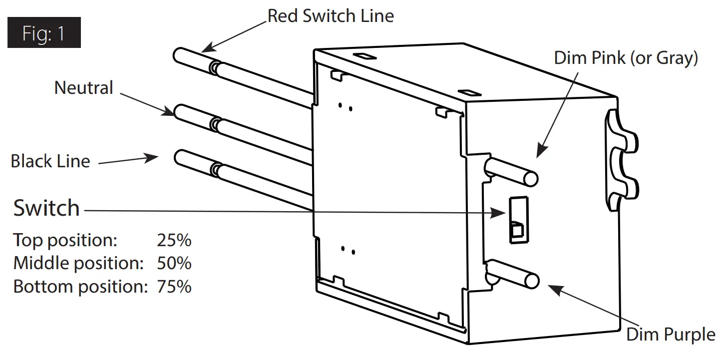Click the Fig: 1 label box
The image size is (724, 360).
pos(44,33)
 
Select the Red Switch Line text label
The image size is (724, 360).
pos(331,16)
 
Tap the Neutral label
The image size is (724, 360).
pos(84,88)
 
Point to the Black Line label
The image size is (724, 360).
pos(50,161)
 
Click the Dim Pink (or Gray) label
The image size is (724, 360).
pos(626,58)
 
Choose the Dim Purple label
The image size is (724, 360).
pos(671,335)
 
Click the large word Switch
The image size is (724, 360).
pos(46,208)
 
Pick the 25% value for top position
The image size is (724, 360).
pos(174,240)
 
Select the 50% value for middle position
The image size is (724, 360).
pos(174,263)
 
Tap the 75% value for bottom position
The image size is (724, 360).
pos(174,287)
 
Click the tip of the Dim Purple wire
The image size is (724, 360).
pos(532,281)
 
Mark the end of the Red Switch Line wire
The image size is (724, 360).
pos(180,54)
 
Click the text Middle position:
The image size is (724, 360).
pos(77,263)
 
